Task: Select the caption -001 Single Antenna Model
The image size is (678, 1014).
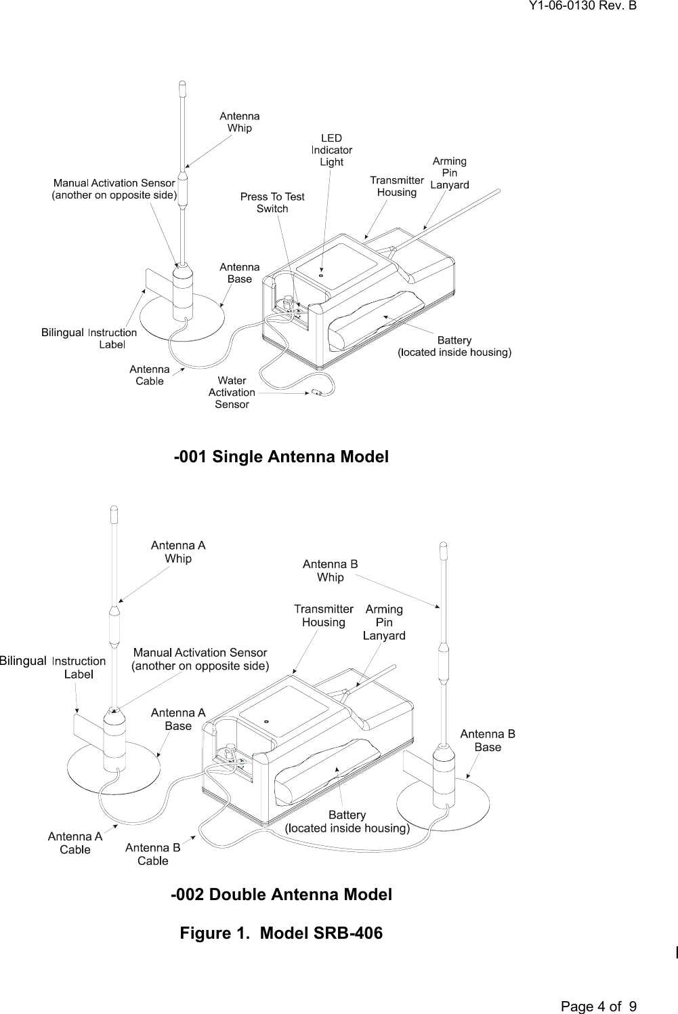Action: click(281, 457)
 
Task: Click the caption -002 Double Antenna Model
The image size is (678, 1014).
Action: click(281, 895)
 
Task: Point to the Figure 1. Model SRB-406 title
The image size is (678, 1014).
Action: click(281, 933)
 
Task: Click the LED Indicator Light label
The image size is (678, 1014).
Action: click(331, 150)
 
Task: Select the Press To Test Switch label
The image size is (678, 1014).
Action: click(272, 203)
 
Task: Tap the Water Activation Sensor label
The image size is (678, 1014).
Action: click(232, 392)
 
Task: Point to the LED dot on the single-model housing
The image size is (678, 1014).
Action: click(321, 275)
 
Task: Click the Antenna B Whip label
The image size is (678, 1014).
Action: click(330, 571)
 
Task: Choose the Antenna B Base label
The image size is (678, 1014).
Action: click(488, 740)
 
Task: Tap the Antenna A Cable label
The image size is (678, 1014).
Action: click(75, 843)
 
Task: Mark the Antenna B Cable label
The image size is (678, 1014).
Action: click(152, 854)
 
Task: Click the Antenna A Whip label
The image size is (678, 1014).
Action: click(178, 552)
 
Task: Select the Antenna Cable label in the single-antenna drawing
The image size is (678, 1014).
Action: click(149, 375)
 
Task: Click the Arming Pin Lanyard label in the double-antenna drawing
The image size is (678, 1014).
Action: click(384, 622)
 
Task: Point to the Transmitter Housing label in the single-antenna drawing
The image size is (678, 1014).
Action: click(397, 186)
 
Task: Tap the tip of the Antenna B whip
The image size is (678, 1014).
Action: click(444, 544)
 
